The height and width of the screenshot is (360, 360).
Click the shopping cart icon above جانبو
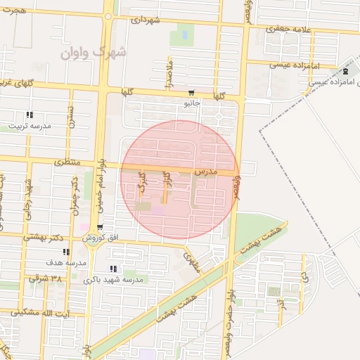point(191,94)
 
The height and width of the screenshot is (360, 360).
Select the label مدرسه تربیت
point(30,127)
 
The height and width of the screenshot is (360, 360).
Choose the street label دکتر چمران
point(75,195)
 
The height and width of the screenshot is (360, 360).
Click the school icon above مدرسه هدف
point(66,252)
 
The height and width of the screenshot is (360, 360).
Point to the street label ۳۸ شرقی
point(46,278)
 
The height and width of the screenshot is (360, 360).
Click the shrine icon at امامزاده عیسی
point(345,72)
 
